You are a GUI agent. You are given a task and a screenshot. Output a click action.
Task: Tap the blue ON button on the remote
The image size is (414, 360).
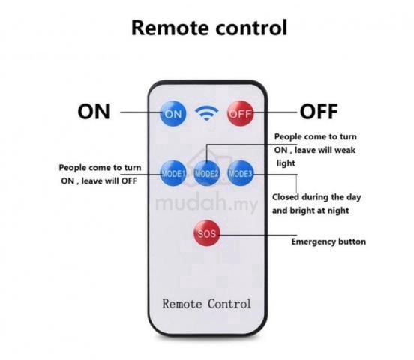tap(173, 114)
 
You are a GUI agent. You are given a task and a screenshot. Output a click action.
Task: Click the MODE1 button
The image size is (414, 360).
tap(173, 173)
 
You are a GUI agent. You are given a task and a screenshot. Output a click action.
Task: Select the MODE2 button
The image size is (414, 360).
tap(207, 173)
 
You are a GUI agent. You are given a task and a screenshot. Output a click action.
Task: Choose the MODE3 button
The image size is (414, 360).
tap(241, 173)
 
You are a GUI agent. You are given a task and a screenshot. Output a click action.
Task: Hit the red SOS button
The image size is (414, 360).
tap(207, 233)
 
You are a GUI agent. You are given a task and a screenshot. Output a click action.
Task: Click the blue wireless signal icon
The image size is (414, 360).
tap(207, 113)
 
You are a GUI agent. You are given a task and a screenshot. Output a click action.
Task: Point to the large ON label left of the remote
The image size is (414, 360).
tap(94, 112)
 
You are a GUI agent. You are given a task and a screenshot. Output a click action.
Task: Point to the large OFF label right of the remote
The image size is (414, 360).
tap(319, 112)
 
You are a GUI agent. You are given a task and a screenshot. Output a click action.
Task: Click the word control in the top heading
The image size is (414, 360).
tap(251, 28)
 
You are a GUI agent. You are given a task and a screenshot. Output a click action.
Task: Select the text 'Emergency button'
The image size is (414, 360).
tap(328, 241)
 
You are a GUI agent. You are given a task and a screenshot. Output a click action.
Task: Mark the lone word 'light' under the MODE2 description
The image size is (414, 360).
tap(286, 163)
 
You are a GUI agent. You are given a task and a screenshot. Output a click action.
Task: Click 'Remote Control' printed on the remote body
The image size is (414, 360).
tap(207, 304)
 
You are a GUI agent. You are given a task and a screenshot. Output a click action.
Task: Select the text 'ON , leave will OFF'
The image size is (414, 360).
tap(99, 181)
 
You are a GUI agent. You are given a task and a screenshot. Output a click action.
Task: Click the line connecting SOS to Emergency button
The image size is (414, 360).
tap(258, 235)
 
